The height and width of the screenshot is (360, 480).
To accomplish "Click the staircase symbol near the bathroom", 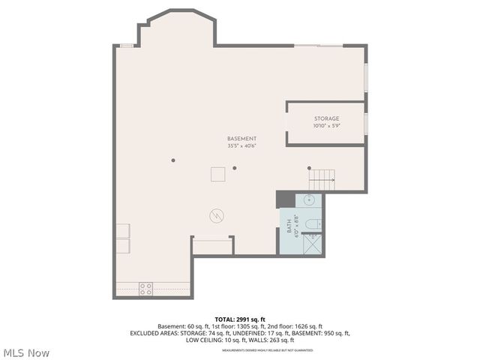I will tap(322, 178).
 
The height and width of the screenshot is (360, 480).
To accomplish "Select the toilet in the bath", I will tap(316, 223).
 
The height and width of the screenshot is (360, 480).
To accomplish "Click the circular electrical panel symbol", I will tap(216, 216).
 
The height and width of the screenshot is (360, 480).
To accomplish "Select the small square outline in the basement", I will tap(217, 174).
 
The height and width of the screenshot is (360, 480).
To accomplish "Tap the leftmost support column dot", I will tap(172, 160).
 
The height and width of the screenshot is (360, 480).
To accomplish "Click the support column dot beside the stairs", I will tap(309, 168).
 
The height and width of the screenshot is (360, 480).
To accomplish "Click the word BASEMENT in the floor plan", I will tap(242, 139).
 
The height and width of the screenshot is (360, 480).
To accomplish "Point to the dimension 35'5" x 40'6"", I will tap(242, 145).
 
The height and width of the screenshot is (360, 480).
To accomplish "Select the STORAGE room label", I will tap(326, 118).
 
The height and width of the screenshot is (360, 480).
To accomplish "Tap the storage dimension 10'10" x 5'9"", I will tap(326, 125).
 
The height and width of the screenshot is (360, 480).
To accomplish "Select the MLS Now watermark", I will tap(26, 352).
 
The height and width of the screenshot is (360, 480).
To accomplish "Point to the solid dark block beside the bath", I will tap(285, 199).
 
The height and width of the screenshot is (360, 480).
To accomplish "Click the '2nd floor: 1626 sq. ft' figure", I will tap(295, 326).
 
